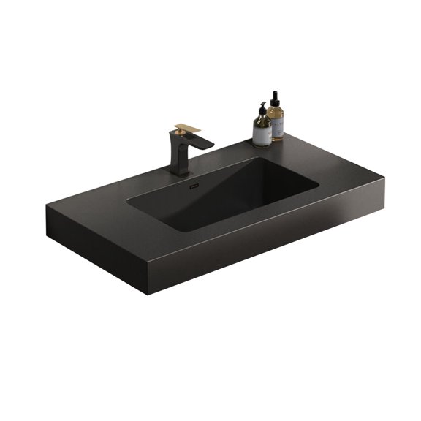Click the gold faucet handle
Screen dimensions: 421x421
click(188, 128)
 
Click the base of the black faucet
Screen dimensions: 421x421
click(179, 172)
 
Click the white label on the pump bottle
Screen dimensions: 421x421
click(262, 134)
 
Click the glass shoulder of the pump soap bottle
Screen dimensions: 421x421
click(262, 121)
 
